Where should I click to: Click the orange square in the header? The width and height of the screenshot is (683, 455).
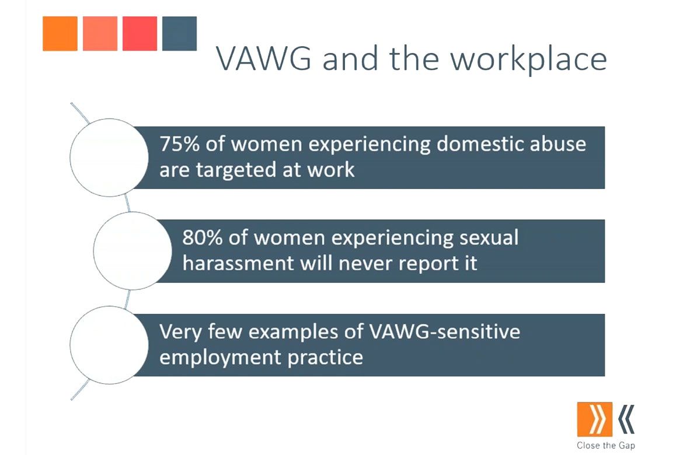pos(60,33)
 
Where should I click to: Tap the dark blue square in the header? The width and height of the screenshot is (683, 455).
pos(179,33)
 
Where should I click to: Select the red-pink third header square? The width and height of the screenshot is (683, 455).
pos(140,33)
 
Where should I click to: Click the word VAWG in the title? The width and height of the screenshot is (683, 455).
pos(264,59)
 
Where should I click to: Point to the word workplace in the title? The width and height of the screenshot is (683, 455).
pos(529,60)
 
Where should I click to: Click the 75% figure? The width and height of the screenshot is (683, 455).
pos(179,143)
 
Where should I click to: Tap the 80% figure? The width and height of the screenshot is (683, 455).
pos(203,238)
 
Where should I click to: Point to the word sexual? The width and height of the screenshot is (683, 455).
pos(489,238)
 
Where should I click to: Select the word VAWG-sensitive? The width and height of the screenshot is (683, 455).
pos(444,332)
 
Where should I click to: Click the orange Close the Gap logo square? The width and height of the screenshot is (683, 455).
pos(595,419)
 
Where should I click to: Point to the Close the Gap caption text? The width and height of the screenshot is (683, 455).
pos(606,446)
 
